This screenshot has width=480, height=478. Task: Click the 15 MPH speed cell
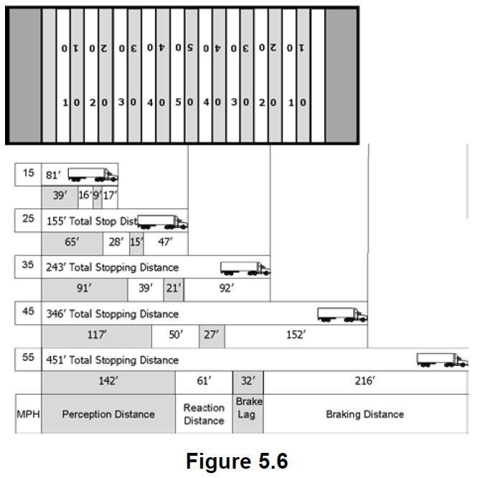(28, 174)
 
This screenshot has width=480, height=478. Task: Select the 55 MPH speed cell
(28, 357)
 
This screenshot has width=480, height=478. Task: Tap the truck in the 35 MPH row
(245, 268)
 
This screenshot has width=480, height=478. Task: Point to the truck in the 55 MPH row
(441, 360)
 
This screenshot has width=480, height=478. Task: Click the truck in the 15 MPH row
(93, 174)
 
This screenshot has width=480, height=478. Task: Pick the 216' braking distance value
(364, 382)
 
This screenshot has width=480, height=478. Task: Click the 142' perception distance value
(108, 382)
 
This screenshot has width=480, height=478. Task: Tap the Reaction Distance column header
(204, 414)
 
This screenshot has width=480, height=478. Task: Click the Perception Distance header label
(108, 414)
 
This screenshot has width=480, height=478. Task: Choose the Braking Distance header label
(364, 414)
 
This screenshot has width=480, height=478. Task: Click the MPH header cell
(28, 414)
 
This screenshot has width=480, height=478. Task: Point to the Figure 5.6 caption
(237, 460)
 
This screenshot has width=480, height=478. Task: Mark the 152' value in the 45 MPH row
(296, 335)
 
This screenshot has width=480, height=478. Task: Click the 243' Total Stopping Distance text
(112, 268)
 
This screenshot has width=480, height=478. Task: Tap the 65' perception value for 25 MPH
(72, 243)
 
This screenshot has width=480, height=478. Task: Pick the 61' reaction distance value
(204, 382)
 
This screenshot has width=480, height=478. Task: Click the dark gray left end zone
(24, 75)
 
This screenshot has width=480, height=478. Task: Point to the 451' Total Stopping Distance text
(112, 360)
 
